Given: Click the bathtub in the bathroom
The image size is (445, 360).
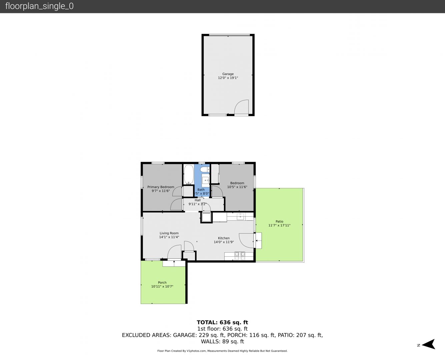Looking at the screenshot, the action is [189, 174].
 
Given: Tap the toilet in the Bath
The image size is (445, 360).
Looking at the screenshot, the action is [205, 169].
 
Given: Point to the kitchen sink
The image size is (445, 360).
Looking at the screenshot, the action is [240, 216].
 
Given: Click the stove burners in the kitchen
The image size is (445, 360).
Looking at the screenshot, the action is [240, 256].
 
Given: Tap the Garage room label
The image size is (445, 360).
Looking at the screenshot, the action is [228, 74].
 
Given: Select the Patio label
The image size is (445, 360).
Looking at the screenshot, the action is [279, 221].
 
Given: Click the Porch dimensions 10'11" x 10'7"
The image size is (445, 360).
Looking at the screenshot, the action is [162, 286].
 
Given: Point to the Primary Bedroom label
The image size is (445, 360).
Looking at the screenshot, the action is [161, 187].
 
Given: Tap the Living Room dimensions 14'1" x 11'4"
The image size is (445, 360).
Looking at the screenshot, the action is [169, 237].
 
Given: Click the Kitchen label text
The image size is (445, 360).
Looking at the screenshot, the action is [224, 238].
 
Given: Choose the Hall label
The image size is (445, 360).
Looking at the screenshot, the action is [198, 200].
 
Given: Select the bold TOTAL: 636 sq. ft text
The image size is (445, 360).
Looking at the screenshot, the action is [223, 322].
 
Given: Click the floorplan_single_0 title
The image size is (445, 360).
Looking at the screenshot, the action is [39, 6].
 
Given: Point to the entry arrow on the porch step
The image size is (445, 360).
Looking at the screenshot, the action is [174, 263].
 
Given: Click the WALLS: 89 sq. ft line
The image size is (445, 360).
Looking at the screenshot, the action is [223, 342].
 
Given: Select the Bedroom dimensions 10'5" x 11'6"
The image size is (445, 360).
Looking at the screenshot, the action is [237, 187].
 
